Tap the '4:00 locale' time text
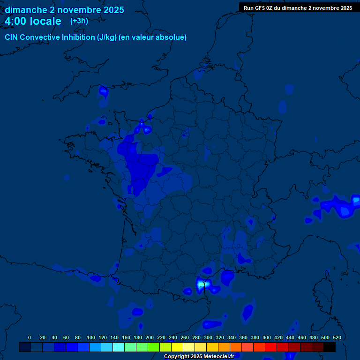(33, 21)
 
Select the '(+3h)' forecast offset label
(79, 21)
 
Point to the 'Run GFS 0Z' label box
(298, 7)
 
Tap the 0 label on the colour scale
(30, 337)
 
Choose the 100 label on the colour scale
(91, 337)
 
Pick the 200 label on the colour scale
(150, 337)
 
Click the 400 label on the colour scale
(267, 337)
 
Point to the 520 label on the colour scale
(337, 337)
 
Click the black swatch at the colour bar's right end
(330, 347)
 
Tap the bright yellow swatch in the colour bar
(177, 347)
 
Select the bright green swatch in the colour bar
(154, 347)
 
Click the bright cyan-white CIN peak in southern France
(202, 284)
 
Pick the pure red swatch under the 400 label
(271, 347)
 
